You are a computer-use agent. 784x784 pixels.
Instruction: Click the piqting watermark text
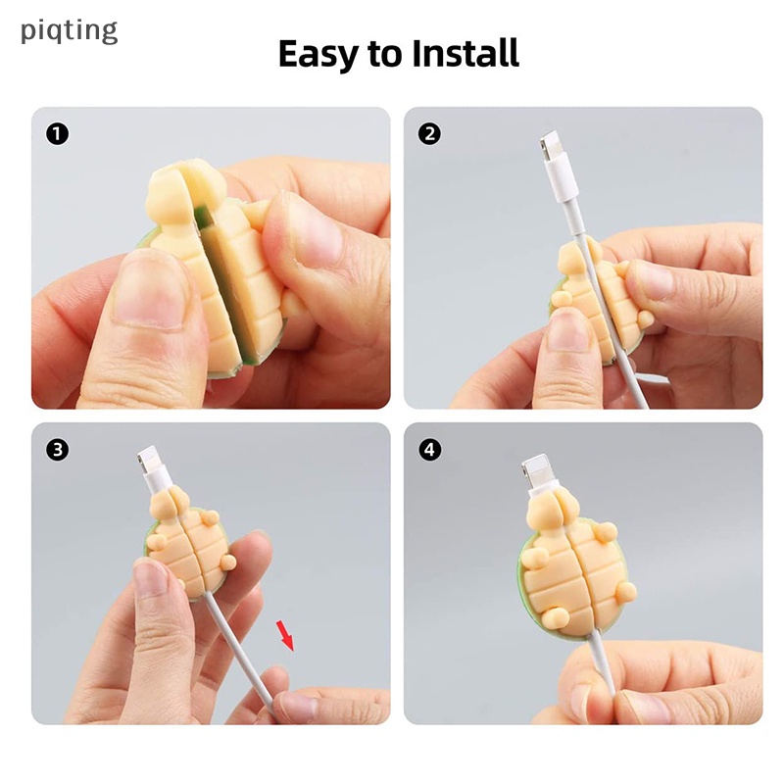[x=69, y=31]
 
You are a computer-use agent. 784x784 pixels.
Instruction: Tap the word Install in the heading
[x=465, y=53]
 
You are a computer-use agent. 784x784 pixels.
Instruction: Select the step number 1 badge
[x=58, y=134]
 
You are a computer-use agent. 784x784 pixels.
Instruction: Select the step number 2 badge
[x=429, y=134]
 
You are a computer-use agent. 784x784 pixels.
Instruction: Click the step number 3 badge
[x=58, y=450]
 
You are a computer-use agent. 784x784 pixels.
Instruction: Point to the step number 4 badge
[x=429, y=450]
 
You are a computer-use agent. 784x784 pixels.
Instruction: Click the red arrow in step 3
[x=285, y=635]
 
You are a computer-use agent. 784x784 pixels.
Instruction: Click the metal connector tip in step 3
[x=149, y=459]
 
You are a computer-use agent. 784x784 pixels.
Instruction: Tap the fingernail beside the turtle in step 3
[x=150, y=576]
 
